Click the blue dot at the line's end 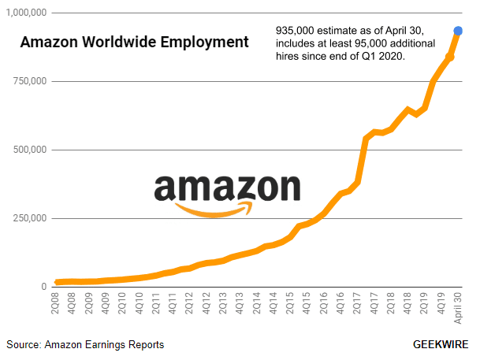[x=457, y=31]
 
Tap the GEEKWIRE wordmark [x=441, y=345]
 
